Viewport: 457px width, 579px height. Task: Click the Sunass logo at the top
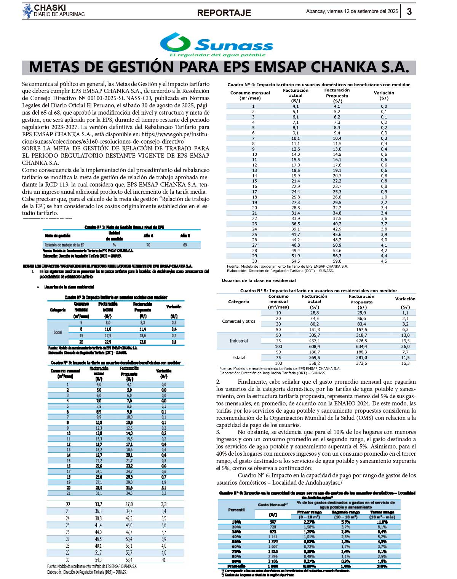pyautogui.click(x=216, y=45)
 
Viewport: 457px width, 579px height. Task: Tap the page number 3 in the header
pyautogui.click(x=409, y=11)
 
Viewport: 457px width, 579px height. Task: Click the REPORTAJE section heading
pyautogui.click(x=224, y=13)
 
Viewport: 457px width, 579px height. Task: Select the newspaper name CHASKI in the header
pyautogui.click(x=50, y=8)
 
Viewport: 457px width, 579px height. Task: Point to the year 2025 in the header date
pyautogui.click(x=392, y=11)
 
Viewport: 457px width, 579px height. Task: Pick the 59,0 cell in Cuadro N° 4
pyautogui.click(x=337, y=261)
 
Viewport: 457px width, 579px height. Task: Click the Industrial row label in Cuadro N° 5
pyautogui.click(x=239, y=341)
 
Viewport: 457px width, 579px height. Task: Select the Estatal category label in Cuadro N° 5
pyautogui.click(x=239, y=357)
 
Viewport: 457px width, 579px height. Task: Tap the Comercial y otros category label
pyautogui.click(x=239, y=321)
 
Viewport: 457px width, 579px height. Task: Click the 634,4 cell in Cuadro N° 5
pyautogui.click(x=361, y=346)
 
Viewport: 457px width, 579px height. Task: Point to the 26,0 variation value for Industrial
pyautogui.click(x=405, y=346)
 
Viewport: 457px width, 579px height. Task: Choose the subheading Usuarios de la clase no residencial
pyautogui.click(x=259, y=281)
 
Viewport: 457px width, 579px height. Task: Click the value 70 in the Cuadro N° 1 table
pyautogui.click(x=148, y=245)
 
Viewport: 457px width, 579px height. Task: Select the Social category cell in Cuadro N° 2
pyautogui.click(x=58, y=332)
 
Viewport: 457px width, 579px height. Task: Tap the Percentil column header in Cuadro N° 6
pyautogui.click(x=236, y=510)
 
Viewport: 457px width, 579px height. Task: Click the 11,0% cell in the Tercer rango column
pyautogui.click(x=382, y=522)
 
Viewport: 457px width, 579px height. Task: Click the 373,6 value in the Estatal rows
pyautogui.click(x=361, y=363)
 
